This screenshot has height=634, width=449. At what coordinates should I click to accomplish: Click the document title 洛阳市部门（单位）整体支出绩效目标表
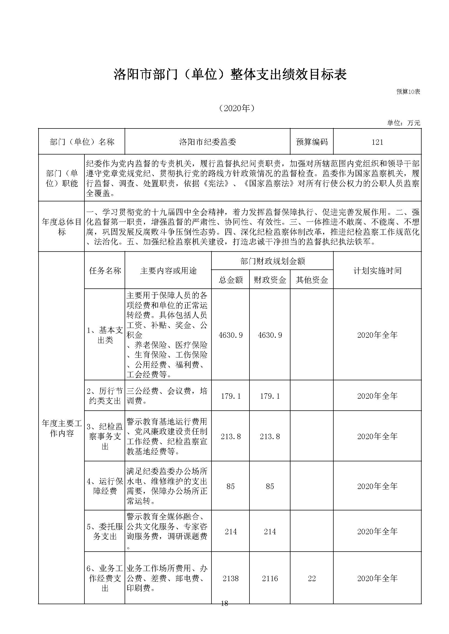coord(230,75)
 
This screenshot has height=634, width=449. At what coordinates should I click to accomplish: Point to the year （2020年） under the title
coord(237,108)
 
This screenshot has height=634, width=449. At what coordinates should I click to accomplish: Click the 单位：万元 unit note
coord(403,123)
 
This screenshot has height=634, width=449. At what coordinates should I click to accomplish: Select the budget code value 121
coord(377,142)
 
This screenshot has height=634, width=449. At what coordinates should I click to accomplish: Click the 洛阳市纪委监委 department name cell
coord(207,142)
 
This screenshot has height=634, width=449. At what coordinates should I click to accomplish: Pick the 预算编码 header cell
coord(312,142)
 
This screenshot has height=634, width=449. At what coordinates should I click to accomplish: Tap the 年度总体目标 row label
coord(61,227)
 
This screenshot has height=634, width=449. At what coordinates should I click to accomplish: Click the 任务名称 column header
coord(105,271)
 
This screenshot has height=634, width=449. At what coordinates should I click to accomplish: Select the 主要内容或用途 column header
coord(168,271)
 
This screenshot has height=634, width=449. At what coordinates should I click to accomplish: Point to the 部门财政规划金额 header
coord(272,261)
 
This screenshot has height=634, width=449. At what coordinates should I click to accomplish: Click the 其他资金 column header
coord(312,280)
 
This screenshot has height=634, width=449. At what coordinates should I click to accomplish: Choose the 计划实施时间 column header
coord(377,271)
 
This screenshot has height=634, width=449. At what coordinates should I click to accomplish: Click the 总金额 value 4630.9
coord(230,335)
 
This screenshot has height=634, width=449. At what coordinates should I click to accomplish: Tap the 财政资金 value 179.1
coord(270,396)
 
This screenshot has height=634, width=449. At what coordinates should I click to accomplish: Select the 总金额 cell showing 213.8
coord(230,437)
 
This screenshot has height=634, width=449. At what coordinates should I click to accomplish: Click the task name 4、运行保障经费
coord(105,486)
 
